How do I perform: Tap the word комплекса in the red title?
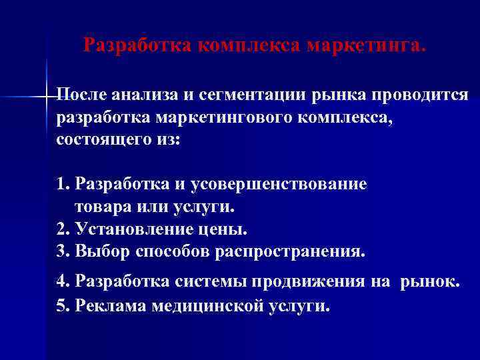[251, 46]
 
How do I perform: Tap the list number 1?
[61, 183]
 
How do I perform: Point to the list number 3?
[61, 252]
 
